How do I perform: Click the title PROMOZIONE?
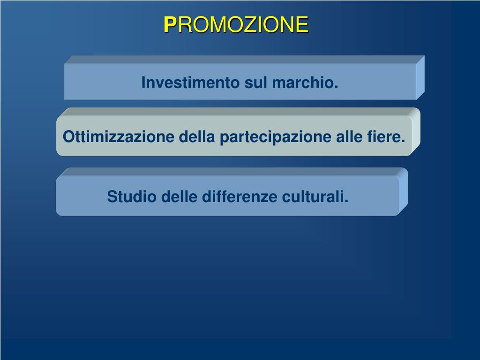click(x=236, y=24)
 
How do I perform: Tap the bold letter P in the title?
click(x=170, y=24)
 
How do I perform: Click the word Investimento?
click(x=190, y=82)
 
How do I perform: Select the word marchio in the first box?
click(x=305, y=82)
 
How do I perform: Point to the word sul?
click(x=255, y=82)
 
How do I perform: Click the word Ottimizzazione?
click(x=119, y=136)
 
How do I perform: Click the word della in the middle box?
click(x=197, y=136)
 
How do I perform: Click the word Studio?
click(x=132, y=196)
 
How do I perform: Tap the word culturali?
click(x=315, y=196)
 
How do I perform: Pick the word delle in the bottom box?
click(x=179, y=196)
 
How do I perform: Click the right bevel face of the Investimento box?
click(x=420, y=77)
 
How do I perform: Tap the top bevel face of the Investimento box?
click(x=244, y=60)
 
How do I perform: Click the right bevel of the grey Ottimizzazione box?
click(x=416, y=132)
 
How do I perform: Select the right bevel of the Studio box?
click(x=404, y=192)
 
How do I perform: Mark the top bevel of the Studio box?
click(x=232, y=172)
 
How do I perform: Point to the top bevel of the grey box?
click(x=238, y=112)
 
